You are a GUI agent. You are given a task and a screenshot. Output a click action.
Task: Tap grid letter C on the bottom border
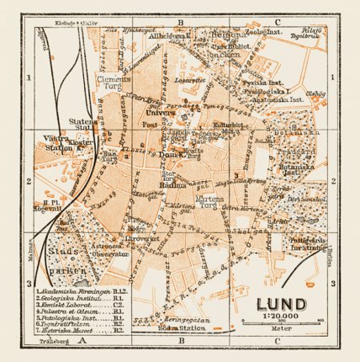click(277, 343)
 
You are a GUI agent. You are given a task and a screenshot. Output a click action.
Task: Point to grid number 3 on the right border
click(332, 284)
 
